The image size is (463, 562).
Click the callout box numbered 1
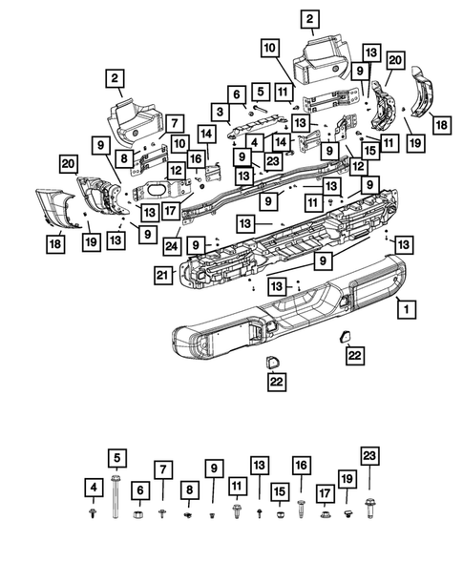[x=407, y=308]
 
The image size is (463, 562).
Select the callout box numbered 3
[x=220, y=113]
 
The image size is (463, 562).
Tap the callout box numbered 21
[x=163, y=275]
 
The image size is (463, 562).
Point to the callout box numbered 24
[x=172, y=246]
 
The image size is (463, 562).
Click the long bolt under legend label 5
[x=116, y=496]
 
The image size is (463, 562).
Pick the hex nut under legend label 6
[x=138, y=514]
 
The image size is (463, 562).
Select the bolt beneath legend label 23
[x=369, y=508]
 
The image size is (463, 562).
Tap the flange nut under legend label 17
[x=325, y=514]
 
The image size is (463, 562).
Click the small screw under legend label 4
[x=94, y=513]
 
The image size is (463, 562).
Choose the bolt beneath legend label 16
[x=302, y=509]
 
